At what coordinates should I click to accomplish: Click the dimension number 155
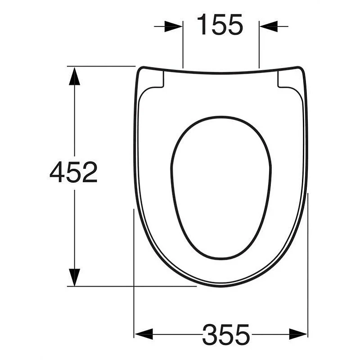coord(220,24)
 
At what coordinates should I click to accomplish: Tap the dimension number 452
coord(73,172)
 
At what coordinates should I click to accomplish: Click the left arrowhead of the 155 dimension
coord(174,27)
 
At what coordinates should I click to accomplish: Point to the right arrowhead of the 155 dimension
coord(269,27)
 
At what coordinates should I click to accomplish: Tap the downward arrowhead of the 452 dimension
coord(74,277)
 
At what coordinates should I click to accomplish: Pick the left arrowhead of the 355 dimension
coord(144,334)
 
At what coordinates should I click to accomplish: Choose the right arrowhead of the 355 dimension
coord(298,334)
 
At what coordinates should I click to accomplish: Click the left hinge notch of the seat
coord(158,81)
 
